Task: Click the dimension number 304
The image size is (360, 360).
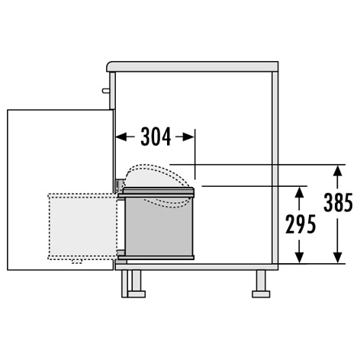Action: pos(156,137)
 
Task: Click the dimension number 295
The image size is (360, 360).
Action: pos(301,224)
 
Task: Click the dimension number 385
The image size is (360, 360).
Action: pos(338,202)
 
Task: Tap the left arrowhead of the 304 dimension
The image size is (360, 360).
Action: pos(121,137)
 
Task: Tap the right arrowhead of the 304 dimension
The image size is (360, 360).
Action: pos(188,137)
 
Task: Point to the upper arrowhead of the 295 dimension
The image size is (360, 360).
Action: pos(300,192)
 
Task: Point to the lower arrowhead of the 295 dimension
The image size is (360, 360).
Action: pos(300,257)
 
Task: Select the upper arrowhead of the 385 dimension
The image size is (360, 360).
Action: pos(337,171)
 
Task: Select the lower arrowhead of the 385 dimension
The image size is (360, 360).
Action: pos(337,257)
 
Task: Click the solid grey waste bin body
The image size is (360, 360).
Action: pos(159,227)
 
